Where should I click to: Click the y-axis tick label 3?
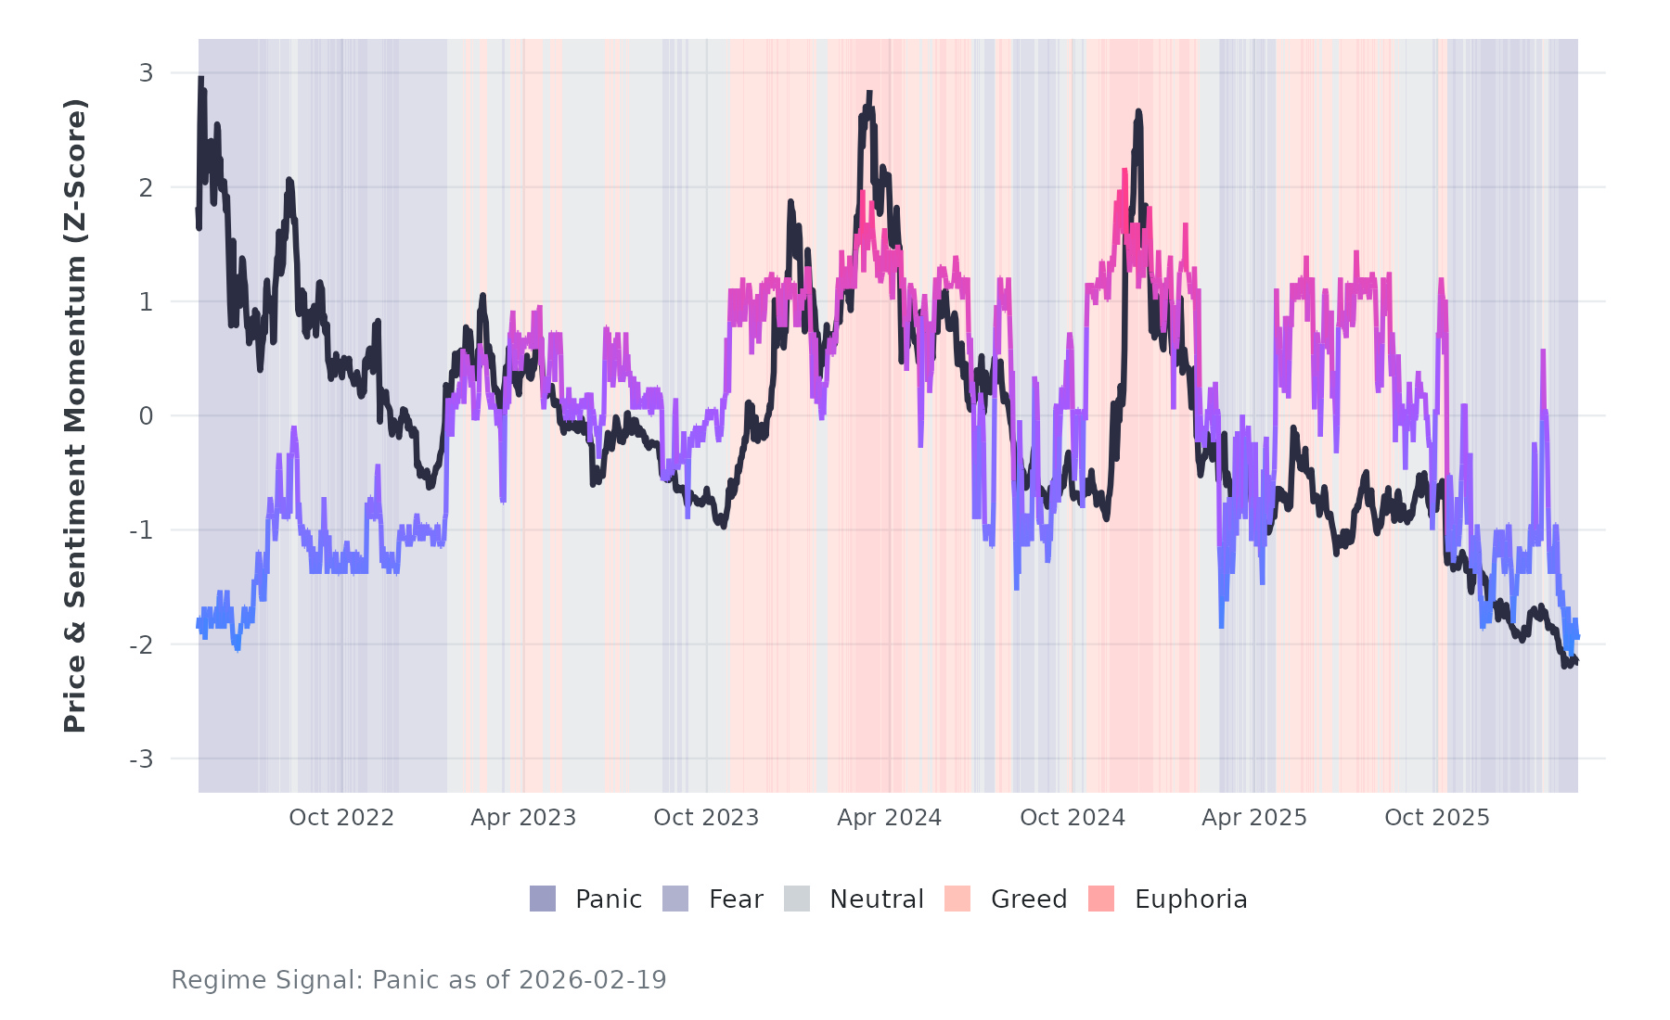pyautogui.click(x=146, y=73)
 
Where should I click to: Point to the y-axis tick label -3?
pyautogui.click(x=142, y=759)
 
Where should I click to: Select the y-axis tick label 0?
pyautogui.click(x=146, y=416)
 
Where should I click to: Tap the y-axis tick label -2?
pyautogui.click(x=142, y=645)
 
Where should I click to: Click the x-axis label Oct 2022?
pyautogui.click(x=341, y=818)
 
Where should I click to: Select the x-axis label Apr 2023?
pyautogui.click(x=523, y=818)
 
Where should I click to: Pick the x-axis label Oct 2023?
pyautogui.click(x=706, y=818)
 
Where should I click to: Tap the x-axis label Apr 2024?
pyautogui.click(x=889, y=818)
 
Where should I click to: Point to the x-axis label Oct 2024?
pyautogui.click(x=1073, y=818)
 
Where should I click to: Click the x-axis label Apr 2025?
pyautogui.click(x=1254, y=818)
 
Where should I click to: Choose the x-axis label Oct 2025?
pyautogui.click(x=1437, y=818)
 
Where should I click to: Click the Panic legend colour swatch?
pyautogui.click(x=543, y=899)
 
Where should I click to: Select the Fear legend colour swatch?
pyautogui.click(x=675, y=899)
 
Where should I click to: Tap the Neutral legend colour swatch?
pyautogui.click(x=797, y=899)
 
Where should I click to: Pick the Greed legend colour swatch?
pyautogui.click(x=957, y=899)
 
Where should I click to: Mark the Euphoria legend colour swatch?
pyautogui.click(x=1101, y=899)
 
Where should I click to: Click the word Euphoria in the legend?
pyautogui.click(x=1190, y=899)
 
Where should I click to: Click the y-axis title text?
pyautogui.click(x=75, y=415)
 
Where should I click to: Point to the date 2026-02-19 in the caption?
pyautogui.click(x=592, y=980)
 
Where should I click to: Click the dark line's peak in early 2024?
pyautogui.click(x=869, y=93)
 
